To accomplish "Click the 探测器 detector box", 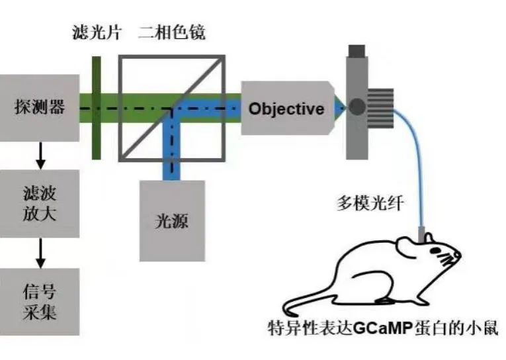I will tap(39, 107).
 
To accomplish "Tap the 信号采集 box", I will tap(39, 301).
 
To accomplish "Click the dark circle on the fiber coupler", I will tap(357, 107).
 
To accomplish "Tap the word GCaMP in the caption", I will tap(380, 328).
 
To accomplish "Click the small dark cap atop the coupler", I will tap(358, 50).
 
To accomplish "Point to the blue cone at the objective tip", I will tap(339, 107).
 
